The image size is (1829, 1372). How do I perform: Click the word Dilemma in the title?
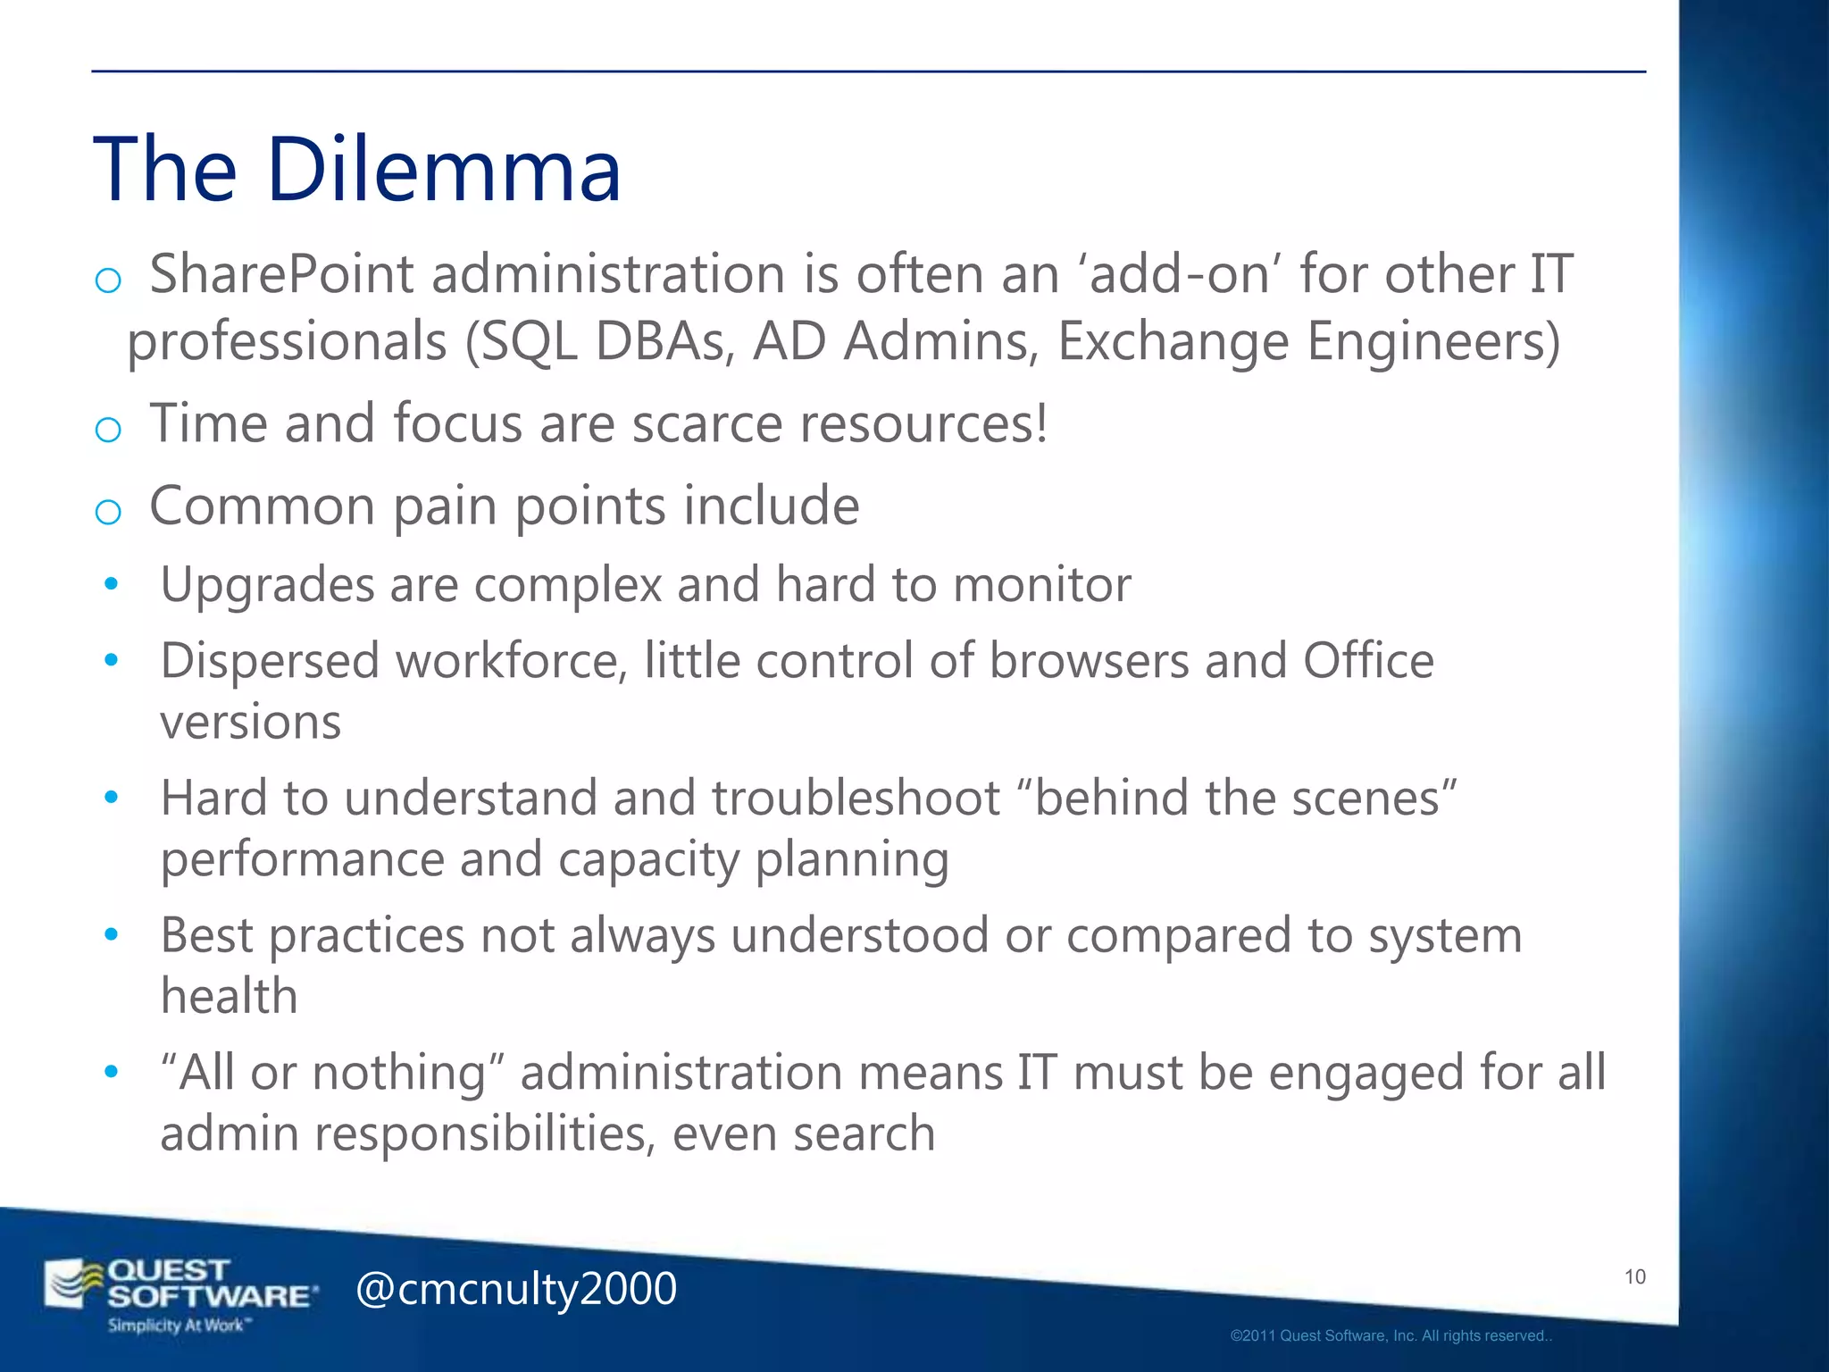(444, 170)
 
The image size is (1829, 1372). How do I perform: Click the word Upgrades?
(267, 586)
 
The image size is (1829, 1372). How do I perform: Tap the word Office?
(1368, 662)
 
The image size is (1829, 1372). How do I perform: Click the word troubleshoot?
(856, 798)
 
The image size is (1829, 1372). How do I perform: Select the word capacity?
(649, 859)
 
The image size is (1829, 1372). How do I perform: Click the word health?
(229, 996)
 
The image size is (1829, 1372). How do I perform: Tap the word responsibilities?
(485, 1134)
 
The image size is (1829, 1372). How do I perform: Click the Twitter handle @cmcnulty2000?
(516, 1289)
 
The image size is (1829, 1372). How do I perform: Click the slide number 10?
(1634, 1276)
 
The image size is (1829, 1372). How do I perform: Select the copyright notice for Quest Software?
(1391, 1336)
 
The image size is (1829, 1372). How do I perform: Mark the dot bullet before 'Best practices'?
(111, 935)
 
